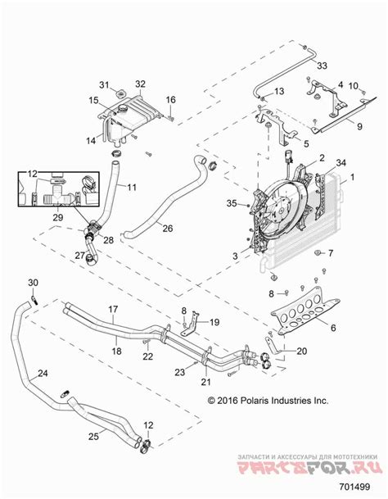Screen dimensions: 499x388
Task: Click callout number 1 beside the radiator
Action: pyautogui.click(x=354, y=177)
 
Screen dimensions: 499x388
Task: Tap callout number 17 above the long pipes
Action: pyautogui.click(x=115, y=311)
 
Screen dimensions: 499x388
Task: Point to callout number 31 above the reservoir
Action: pyautogui.click(x=104, y=85)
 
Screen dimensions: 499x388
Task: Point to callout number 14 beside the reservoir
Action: pyautogui.click(x=91, y=139)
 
